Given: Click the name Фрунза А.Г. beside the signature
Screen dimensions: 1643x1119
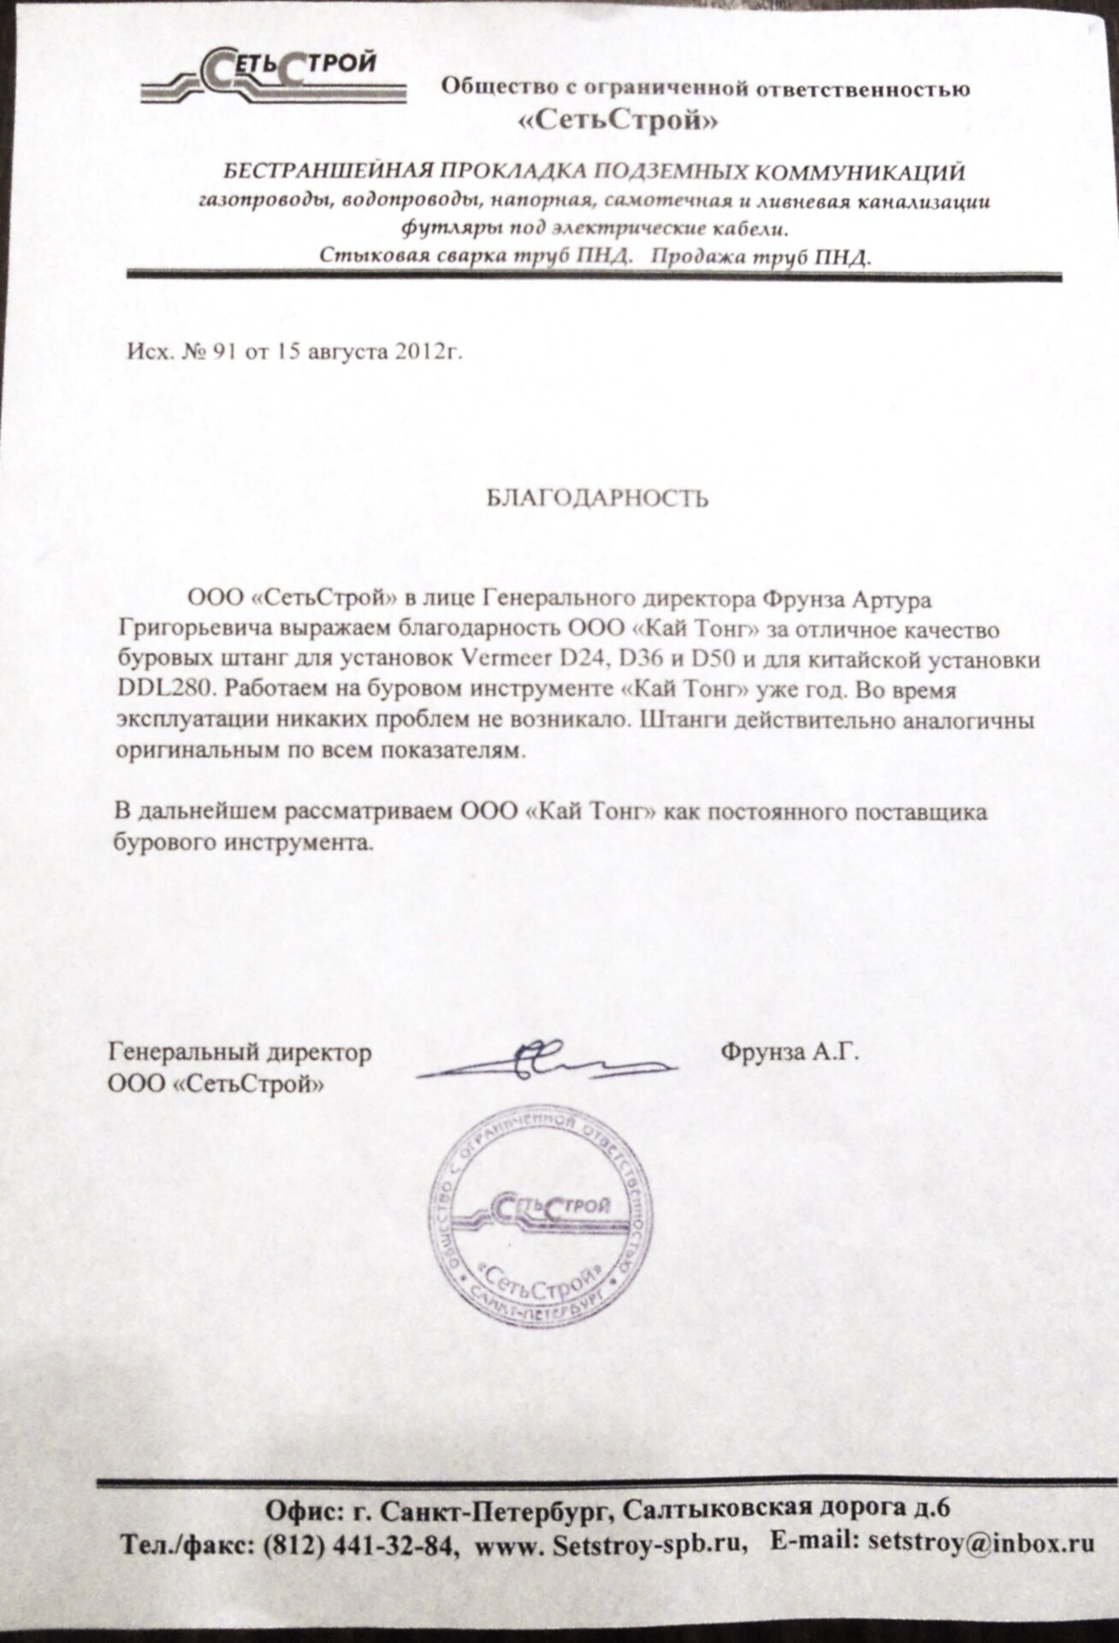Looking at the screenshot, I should click(x=790, y=1052).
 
